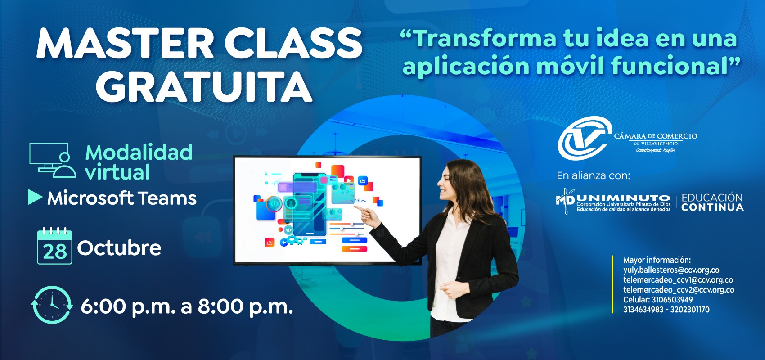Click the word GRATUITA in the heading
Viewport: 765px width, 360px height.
(204, 86)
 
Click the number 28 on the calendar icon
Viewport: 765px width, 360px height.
(54, 252)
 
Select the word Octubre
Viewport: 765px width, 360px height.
(119, 247)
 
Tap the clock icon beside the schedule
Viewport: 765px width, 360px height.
(52, 305)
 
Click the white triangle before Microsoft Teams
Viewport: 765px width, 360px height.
(35, 198)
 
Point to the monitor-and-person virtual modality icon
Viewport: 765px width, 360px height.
(53, 160)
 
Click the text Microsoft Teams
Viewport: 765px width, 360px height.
(122, 198)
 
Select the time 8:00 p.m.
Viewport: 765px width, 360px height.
(245, 307)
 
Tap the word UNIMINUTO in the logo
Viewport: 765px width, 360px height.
(623, 198)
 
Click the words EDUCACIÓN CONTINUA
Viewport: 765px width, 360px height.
(712, 202)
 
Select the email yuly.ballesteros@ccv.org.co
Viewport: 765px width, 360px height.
(671, 270)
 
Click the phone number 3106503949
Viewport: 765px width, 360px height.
(672, 300)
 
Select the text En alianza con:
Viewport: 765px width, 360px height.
(594, 175)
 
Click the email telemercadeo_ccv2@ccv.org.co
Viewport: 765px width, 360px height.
(679, 290)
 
